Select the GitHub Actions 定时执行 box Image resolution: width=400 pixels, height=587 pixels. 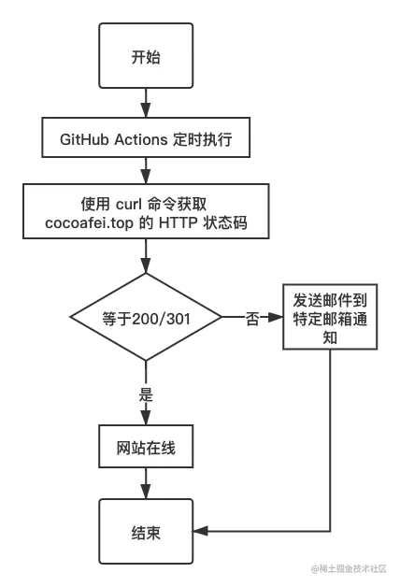(x=146, y=141)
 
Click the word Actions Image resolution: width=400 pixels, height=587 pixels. (x=141, y=141)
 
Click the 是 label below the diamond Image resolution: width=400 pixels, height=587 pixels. (x=146, y=394)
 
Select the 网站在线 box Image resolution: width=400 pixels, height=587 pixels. (x=146, y=450)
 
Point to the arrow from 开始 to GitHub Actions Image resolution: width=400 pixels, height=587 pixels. (x=146, y=101)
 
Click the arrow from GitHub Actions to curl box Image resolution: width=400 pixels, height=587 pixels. (x=146, y=171)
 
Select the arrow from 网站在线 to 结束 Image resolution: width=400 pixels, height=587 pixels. (x=146, y=486)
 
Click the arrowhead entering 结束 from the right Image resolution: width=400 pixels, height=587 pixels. (x=200, y=531)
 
